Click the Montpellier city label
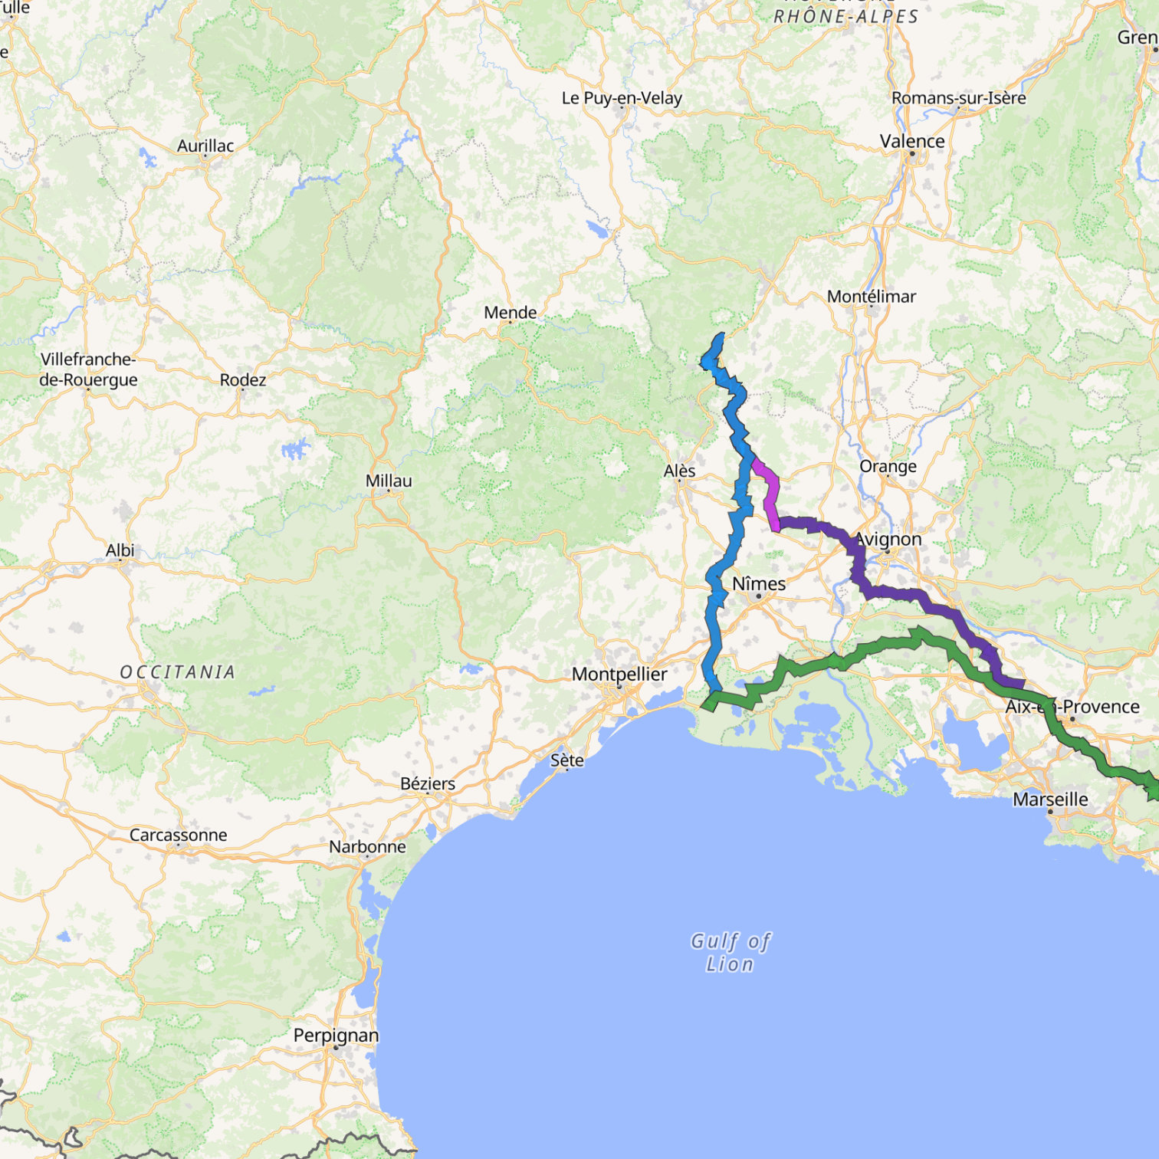tap(619, 675)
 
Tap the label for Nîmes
tap(759, 584)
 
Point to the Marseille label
tap(1050, 800)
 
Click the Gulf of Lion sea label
tap(730, 952)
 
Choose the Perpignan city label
tap(336, 1036)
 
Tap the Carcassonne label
tap(178, 836)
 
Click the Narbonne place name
tap(367, 847)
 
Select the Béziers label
tap(428, 784)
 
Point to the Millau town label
tap(389, 481)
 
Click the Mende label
tap(510, 313)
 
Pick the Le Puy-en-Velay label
tap(622, 98)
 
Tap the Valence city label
tap(912, 142)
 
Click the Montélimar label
tap(871, 297)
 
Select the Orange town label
tap(888, 467)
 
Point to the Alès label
tap(679, 471)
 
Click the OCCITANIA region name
tap(177, 672)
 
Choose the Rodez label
tap(243, 380)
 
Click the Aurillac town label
tap(205, 146)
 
